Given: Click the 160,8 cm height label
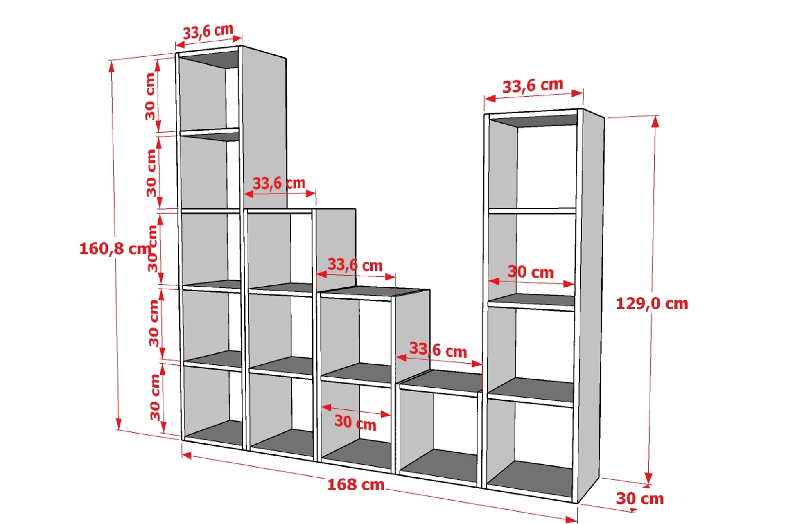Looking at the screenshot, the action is click(x=115, y=248).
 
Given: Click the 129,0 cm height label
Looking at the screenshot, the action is click(x=652, y=303).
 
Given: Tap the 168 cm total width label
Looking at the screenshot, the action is click(x=356, y=484).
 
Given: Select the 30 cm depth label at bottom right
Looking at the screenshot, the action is click(x=639, y=498).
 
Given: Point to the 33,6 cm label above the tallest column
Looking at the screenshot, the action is click(x=208, y=31).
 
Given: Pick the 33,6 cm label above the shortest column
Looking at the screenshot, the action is click(x=438, y=350).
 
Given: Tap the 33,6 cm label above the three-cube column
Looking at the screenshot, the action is click(x=279, y=183).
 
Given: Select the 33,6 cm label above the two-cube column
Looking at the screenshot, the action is click(x=355, y=265).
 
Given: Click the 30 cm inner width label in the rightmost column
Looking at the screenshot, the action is click(x=531, y=272).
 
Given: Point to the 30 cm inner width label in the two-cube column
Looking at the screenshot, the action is click(x=355, y=422).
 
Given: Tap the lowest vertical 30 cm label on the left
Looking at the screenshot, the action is click(x=155, y=397).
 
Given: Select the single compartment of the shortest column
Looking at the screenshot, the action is click(x=438, y=434).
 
